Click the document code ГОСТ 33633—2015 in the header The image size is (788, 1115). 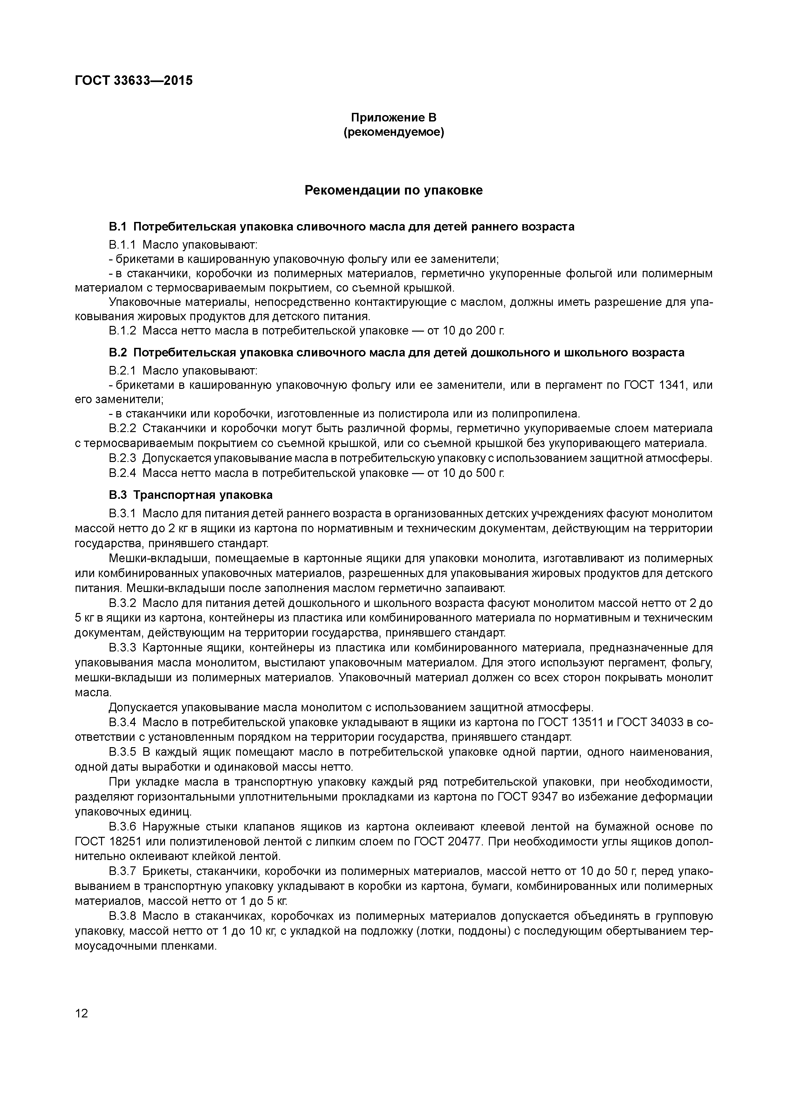[134, 81]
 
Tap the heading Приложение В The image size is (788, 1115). [394, 118]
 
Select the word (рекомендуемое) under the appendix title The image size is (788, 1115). [394, 132]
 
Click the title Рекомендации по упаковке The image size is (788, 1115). [394, 190]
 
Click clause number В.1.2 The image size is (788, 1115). [123, 331]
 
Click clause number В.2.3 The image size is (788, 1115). [123, 458]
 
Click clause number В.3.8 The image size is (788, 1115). [123, 916]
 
